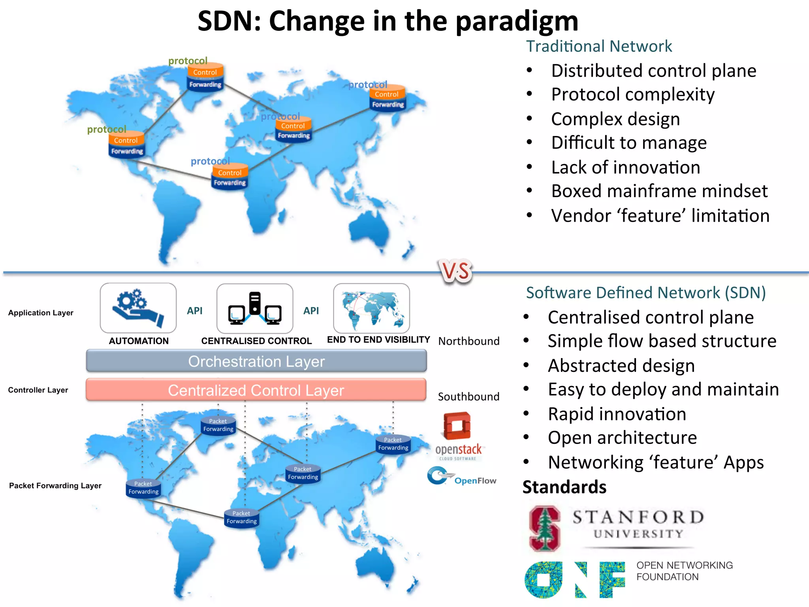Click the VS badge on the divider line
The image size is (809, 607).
[456, 271]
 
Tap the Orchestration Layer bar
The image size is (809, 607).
[256, 361]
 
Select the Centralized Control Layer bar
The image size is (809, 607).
[256, 390]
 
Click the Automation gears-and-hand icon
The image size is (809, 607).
[138, 308]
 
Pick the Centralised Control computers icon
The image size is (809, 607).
[255, 309]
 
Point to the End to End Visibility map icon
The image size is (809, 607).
[371, 308]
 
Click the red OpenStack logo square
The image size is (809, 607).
[457, 426]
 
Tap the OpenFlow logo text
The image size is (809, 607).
[475, 481]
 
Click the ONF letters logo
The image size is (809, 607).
[575, 580]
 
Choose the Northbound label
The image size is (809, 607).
[469, 341]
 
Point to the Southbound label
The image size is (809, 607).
[468, 396]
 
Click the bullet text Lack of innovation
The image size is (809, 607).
[626, 167]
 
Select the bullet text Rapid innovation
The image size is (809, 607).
[617, 414]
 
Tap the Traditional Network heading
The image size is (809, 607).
[599, 46]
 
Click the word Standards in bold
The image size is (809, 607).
[564, 487]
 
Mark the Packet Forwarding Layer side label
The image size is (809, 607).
[55, 486]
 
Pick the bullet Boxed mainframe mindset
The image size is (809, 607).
[659, 191]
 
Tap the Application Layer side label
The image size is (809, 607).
[41, 313]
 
